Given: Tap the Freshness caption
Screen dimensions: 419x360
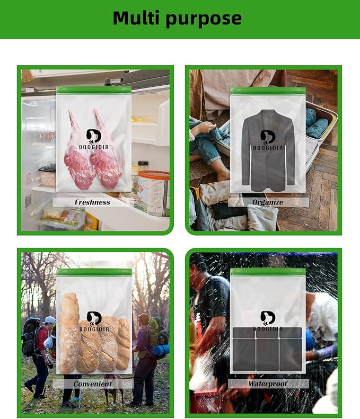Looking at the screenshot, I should click(x=92, y=202).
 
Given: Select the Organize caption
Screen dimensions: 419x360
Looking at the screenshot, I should click(x=268, y=202).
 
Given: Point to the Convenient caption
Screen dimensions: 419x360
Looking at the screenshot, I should click(x=93, y=384).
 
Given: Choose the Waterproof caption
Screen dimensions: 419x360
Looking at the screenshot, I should click(x=268, y=384).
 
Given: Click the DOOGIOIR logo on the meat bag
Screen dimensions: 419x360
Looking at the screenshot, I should click(x=93, y=140).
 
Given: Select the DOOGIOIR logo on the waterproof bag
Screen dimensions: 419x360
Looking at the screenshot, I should click(x=268, y=322).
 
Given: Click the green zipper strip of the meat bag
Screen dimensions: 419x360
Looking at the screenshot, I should click(x=93, y=90).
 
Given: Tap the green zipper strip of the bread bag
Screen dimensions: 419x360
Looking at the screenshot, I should click(x=93, y=272).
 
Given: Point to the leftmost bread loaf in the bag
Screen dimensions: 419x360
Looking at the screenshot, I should click(x=68, y=334).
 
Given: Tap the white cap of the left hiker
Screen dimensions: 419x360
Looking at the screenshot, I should click(x=49, y=319).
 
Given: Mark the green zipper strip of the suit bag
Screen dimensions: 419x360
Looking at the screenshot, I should click(x=268, y=91).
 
